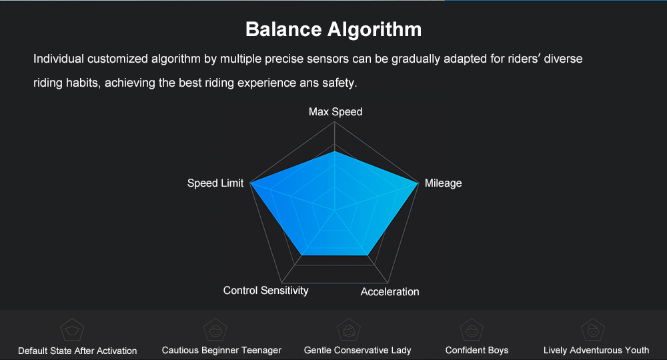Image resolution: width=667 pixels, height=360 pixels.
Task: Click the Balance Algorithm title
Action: (333, 30)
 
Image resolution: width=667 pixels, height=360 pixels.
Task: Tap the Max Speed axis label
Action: (336, 112)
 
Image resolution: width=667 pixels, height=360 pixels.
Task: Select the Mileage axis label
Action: (444, 183)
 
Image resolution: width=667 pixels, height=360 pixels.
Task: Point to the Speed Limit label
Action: (215, 183)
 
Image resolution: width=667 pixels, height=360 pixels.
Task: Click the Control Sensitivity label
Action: (266, 290)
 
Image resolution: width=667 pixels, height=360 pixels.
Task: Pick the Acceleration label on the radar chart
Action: (390, 291)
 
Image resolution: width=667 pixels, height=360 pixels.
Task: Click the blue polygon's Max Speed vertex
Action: (335, 151)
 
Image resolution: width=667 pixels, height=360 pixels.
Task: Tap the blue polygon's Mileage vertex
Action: (419, 183)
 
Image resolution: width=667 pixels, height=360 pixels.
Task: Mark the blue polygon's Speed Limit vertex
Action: (249, 183)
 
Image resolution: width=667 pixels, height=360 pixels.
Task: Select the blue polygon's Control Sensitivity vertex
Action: (301, 255)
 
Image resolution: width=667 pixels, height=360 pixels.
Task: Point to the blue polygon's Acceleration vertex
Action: (368, 255)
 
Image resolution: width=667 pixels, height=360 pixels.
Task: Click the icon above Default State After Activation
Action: (72, 330)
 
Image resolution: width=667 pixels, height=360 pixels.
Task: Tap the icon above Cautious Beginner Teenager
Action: (215, 330)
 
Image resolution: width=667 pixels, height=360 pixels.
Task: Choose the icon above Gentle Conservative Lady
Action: (349, 330)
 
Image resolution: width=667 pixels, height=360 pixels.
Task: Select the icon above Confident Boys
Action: (472, 330)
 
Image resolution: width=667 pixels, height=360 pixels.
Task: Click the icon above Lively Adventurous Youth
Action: (593, 330)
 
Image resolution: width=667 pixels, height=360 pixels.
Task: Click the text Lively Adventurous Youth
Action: (596, 350)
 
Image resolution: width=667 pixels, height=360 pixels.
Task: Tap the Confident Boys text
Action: (477, 350)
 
